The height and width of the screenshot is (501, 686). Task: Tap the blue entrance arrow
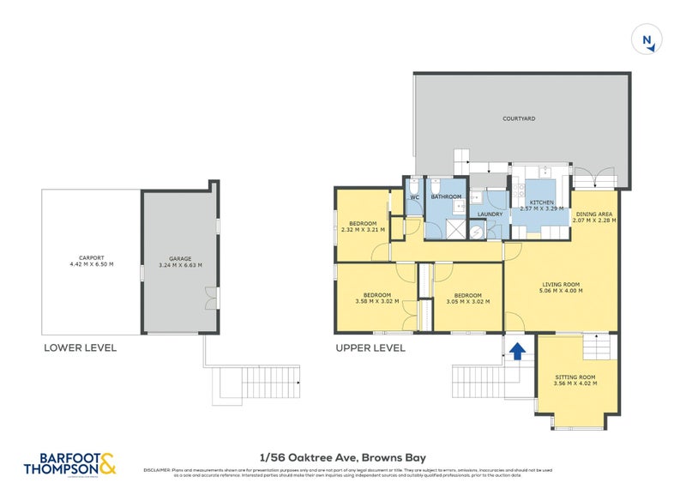(x=517, y=351)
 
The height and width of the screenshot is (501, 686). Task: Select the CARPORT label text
(x=91, y=257)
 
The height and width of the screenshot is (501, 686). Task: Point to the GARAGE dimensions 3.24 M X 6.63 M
(x=180, y=266)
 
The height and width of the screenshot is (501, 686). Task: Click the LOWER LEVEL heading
(x=80, y=348)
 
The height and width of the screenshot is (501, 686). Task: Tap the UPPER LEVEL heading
(x=370, y=348)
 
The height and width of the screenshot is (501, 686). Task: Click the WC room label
(x=414, y=197)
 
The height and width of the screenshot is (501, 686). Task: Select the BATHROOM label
(x=446, y=197)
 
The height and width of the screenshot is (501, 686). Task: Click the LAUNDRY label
(x=490, y=214)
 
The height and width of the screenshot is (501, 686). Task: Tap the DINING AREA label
(x=594, y=214)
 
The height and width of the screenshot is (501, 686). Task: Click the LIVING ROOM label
(x=561, y=284)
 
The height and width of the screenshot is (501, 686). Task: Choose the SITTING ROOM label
(x=575, y=377)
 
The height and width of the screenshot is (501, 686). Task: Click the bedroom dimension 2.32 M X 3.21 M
(x=363, y=230)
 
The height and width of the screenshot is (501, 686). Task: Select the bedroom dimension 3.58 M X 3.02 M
(x=378, y=301)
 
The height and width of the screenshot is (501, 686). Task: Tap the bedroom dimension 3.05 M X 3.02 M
(x=468, y=301)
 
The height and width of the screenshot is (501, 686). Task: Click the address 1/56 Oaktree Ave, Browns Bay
(x=343, y=458)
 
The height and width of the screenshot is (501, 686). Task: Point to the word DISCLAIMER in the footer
(x=157, y=470)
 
